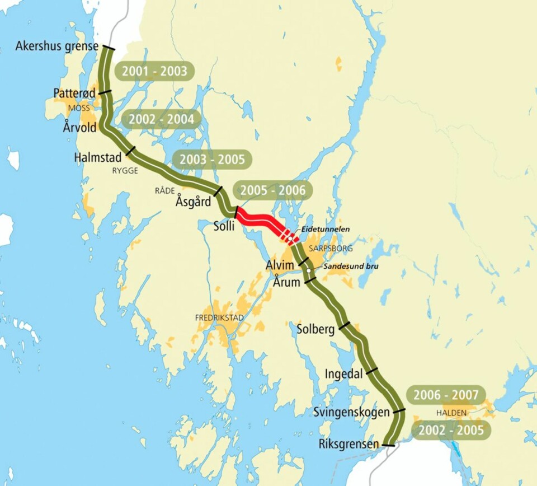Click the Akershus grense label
pos(57,46)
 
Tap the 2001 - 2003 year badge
pos(154,72)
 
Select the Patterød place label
pos(75,93)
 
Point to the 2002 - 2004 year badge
pos(161,119)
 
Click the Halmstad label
pos(98,158)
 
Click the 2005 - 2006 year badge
pos(273,191)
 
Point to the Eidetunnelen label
pos(326,229)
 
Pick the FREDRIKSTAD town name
pos(220,317)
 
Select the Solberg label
pos(315,329)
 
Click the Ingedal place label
pos(343,373)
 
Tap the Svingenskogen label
pos(351,413)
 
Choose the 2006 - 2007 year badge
pos(446,395)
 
